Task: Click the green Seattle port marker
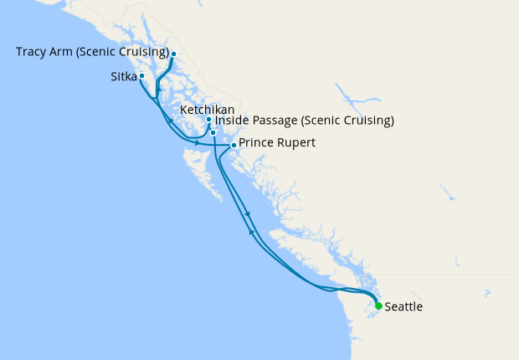(x=378, y=306)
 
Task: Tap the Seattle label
(x=403, y=307)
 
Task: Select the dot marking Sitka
(x=141, y=76)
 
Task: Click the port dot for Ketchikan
(x=208, y=120)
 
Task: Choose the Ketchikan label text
(x=207, y=110)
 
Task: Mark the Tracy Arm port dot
(x=173, y=54)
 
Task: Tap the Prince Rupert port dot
(x=234, y=145)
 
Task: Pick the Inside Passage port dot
(x=213, y=132)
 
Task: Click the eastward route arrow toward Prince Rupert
(x=198, y=142)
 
